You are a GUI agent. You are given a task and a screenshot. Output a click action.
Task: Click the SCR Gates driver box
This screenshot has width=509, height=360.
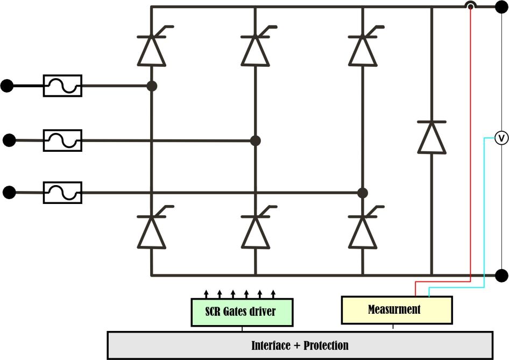click(242, 312)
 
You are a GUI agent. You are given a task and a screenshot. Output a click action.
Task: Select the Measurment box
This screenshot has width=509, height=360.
click(397, 310)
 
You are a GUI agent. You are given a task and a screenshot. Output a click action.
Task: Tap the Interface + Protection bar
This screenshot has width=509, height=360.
click(300, 345)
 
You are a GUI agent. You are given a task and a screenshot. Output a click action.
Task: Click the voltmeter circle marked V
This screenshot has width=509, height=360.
click(501, 138)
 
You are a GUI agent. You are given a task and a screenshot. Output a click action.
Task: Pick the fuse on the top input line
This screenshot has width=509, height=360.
click(62, 86)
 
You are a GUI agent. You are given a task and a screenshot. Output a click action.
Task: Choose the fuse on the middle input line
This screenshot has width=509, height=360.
click(62, 140)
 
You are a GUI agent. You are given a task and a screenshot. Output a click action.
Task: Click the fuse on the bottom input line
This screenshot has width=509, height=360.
click(62, 192)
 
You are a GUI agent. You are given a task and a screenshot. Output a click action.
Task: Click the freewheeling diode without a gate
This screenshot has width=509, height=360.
click(432, 138)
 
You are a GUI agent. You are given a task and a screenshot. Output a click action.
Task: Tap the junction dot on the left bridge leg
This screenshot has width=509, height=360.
click(152, 86)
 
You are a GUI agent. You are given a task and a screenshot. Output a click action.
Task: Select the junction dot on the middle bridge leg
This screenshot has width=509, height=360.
click(256, 140)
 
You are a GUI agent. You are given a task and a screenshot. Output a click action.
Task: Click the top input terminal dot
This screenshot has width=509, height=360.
click(7, 86)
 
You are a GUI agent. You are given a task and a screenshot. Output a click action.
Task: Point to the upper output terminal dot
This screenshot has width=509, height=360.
click(501, 6)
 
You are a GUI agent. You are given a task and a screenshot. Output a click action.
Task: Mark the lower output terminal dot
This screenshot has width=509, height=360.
click(501, 276)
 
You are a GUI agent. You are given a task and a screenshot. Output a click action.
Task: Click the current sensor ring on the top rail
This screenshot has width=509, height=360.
click(471, 6)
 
